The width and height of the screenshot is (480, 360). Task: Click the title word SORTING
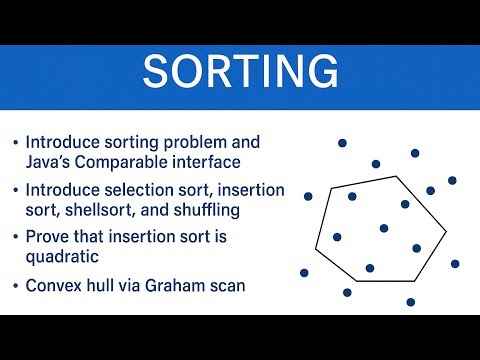(x=240, y=72)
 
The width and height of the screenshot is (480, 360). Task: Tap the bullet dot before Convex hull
(x=14, y=288)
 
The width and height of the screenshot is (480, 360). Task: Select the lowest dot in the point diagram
(x=410, y=301)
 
